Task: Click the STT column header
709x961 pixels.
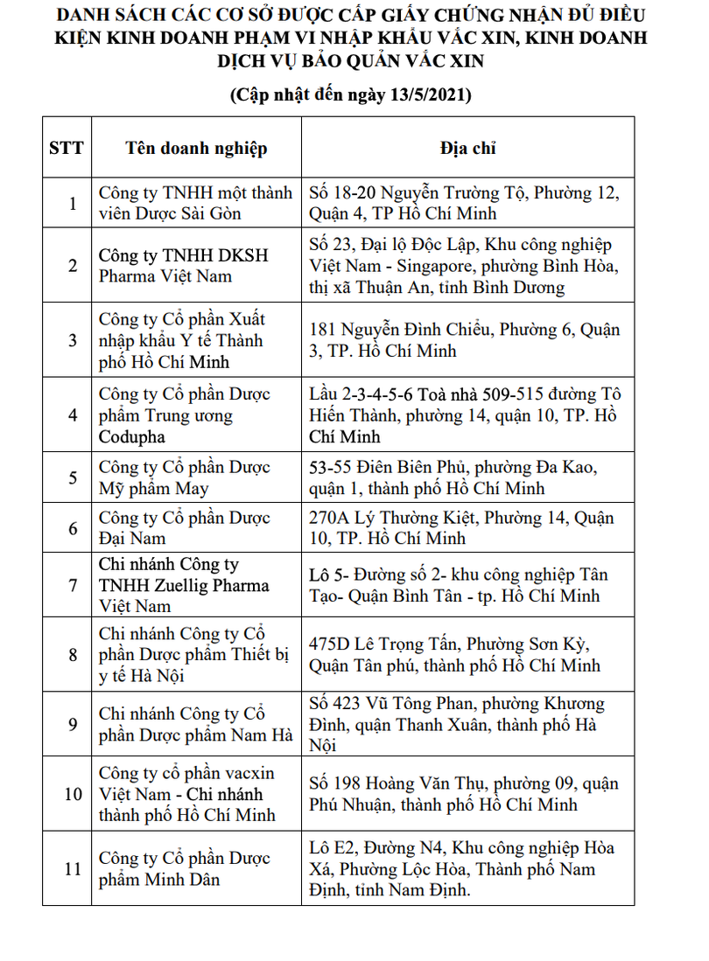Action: (67, 147)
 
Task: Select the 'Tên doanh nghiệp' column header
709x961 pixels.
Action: (196, 147)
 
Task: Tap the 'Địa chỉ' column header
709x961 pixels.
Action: (467, 147)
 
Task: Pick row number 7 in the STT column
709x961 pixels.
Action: (73, 585)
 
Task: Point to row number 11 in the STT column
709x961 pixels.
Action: (73, 869)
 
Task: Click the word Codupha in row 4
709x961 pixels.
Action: (131, 436)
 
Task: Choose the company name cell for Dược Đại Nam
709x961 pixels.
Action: (196, 528)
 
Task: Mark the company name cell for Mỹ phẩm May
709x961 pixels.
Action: (196, 477)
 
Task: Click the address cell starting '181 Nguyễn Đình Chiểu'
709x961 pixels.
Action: (467, 340)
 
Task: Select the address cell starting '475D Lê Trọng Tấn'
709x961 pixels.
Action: (467, 655)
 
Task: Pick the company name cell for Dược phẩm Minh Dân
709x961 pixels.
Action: (196, 869)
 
